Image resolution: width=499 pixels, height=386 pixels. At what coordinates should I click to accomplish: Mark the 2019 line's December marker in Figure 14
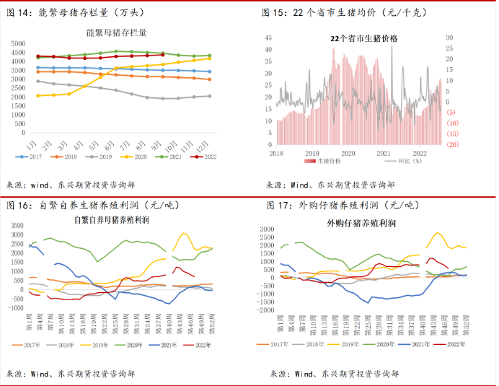tap(209, 96)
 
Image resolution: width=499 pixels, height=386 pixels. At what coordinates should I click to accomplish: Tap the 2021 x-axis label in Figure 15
tap(383, 153)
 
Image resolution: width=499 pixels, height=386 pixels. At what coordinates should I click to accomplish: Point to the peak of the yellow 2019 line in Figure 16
tap(185, 233)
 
